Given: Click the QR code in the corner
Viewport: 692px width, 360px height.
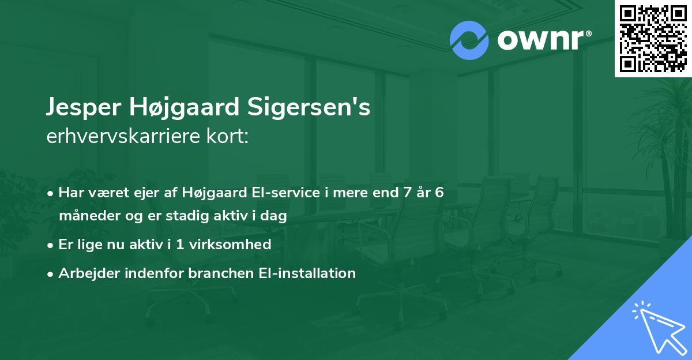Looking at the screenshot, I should pos(653,38).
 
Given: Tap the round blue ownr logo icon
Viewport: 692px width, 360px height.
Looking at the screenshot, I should pos(469,40).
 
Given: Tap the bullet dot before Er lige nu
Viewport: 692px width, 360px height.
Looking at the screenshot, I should pos(51,245).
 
